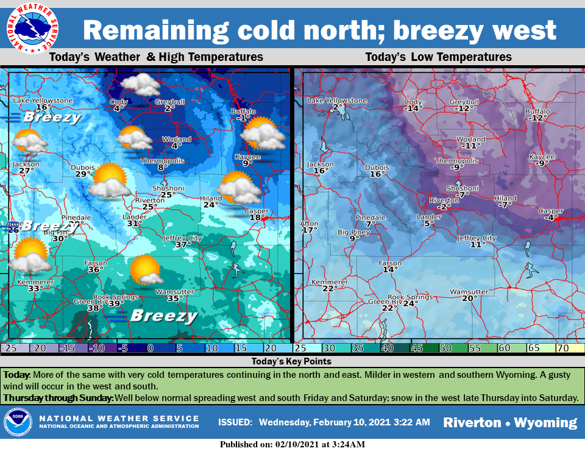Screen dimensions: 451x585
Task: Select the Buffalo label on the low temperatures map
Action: (537, 112)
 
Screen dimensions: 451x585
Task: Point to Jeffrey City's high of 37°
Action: (179, 245)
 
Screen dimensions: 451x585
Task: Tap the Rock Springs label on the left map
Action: (109, 297)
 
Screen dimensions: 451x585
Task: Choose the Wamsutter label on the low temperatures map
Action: (469, 292)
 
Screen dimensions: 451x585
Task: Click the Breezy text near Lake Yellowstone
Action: (52, 117)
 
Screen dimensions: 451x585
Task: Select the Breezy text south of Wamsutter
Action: (164, 316)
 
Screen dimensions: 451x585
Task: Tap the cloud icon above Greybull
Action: (141, 85)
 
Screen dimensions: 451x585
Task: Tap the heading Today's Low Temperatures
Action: (438, 57)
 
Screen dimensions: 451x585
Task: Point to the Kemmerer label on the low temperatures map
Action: (329, 282)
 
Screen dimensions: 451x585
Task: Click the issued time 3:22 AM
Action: (411, 422)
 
